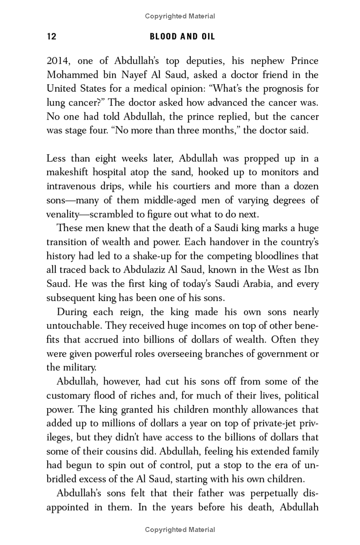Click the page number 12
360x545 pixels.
[51, 37]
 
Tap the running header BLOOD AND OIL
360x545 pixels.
[182, 37]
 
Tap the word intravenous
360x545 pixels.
[74, 186]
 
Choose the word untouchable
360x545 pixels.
[74, 326]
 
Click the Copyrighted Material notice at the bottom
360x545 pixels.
[180, 529]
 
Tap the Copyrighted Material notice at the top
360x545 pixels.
[180, 16]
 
